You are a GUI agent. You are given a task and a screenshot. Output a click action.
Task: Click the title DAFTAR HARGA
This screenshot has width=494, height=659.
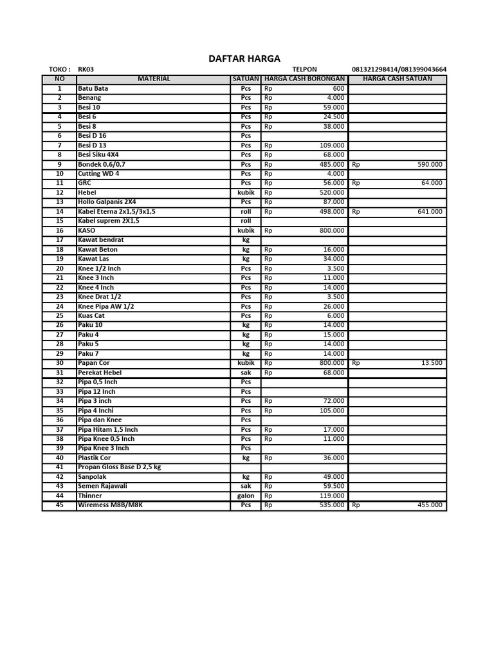click(x=244, y=58)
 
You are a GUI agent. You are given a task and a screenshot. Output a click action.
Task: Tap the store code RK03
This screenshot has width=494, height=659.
click(x=86, y=70)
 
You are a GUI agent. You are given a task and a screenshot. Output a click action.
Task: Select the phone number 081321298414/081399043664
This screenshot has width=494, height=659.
click(x=399, y=70)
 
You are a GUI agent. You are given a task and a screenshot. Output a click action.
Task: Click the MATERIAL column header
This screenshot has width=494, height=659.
click(x=154, y=79)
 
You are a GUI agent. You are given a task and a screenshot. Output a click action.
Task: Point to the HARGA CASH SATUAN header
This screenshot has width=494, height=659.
click(x=398, y=79)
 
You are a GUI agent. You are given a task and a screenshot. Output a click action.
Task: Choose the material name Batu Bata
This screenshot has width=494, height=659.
click(x=93, y=88)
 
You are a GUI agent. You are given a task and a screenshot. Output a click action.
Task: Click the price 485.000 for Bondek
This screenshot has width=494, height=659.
click(x=332, y=164)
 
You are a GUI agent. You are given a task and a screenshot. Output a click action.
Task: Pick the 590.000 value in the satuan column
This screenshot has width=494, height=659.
click(x=430, y=164)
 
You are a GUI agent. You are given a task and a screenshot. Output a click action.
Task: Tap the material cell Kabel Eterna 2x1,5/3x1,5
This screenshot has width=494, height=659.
click(x=116, y=211)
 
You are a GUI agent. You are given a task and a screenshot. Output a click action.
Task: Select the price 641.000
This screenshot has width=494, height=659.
click(x=430, y=211)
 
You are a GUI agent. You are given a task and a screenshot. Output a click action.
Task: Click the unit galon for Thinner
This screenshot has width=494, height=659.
click(x=246, y=496)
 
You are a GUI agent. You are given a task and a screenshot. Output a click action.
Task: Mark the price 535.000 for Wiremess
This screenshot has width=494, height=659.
click(x=332, y=505)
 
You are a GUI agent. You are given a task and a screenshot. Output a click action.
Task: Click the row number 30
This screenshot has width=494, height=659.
click(x=60, y=363)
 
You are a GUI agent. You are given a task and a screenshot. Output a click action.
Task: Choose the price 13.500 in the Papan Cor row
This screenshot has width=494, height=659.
click(x=432, y=363)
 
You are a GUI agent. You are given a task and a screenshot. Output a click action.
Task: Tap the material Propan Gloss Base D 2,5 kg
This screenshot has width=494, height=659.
click(x=119, y=467)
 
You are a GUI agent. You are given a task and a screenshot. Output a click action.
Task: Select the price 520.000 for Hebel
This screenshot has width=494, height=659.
click(x=332, y=192)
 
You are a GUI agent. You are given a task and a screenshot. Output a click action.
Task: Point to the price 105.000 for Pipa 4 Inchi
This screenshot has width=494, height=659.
click(x=332, y=411)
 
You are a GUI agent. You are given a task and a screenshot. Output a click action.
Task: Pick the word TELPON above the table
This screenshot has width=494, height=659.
click(x=304, y=70)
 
